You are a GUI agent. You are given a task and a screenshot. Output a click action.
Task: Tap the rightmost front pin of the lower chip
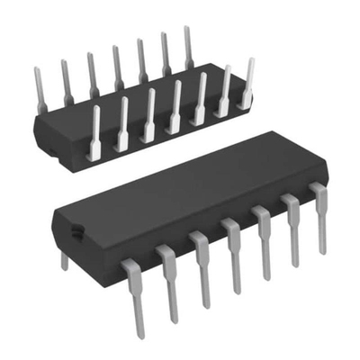(319, 216)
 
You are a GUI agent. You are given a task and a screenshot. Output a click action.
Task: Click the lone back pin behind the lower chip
(63, 260)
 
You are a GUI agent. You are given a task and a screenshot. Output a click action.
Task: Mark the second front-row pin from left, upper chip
(122, 123)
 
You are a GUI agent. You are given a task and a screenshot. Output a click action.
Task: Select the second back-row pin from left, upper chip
(65, 79)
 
